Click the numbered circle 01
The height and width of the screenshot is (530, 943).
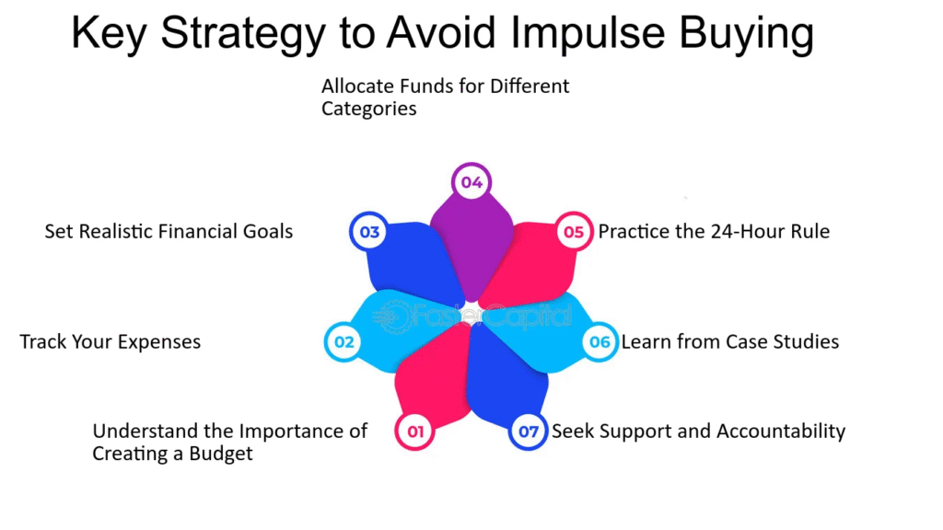coord(415,431)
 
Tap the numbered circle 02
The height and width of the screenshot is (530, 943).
coord(343,342)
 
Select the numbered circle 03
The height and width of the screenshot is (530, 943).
coord(369,231)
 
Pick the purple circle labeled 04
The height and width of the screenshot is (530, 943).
coord(471,182)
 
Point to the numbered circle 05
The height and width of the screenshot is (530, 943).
coord(574,231)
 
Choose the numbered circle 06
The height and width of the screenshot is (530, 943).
coord(600,342)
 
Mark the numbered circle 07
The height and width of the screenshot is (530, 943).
coord(528,431)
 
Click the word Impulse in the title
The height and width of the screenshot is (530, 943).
coord(588,34)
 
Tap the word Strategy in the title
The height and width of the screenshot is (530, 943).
coord(243,34)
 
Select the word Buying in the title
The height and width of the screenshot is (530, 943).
coord(746,34)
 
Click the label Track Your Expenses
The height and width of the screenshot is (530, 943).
coord(111,342)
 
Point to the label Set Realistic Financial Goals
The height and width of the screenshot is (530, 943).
coord(169,231)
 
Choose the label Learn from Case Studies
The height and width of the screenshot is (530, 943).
coord(730,342)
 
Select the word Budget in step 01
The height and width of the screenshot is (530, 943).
coord(221,454)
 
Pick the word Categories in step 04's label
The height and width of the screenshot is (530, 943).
coord(368,109)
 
